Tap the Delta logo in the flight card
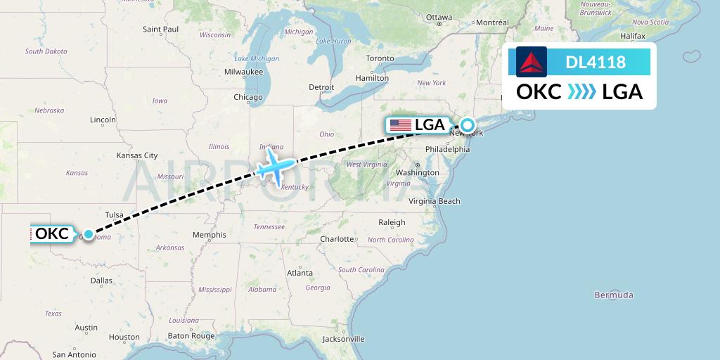[532, 62]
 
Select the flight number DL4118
[596, 63]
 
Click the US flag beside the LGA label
[401, 125]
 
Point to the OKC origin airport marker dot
[89, 234]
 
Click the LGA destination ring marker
[468, 125]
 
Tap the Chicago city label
[248, 97]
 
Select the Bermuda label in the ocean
[614, 295]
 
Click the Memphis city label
[210, 235]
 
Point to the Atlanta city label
[300, 272]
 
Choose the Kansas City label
[137, 155]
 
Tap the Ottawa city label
[439, 17]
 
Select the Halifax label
[613, 35]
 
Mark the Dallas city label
[101, 280]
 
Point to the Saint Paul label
[161, 30]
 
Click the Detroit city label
[321, 87]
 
